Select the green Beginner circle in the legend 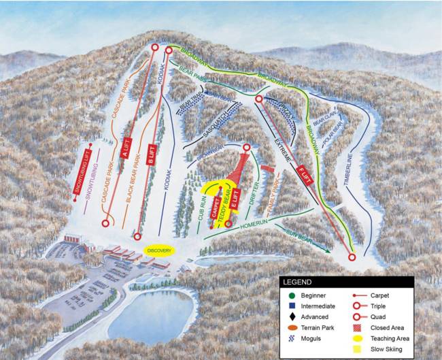(290, 295)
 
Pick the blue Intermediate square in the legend (290, 306)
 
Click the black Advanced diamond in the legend (290, 317)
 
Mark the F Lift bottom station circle (352, 257)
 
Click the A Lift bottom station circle (105, 223)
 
